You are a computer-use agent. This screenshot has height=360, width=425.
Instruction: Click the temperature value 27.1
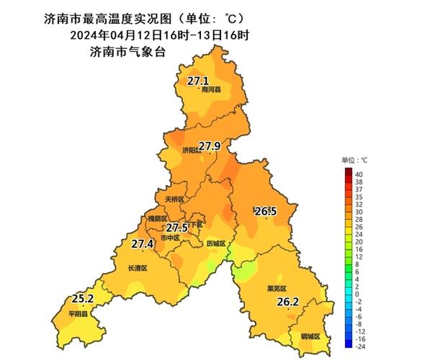pyautogui.click(x=197, y=81)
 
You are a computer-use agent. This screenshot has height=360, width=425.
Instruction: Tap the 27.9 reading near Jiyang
pyautogui.click(x=210, y=146)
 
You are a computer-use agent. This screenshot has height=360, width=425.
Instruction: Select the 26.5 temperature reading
pyautogui.click(x=265, y=211)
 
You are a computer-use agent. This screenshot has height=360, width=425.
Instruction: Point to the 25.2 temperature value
pyautogui.click(x=83, y=298)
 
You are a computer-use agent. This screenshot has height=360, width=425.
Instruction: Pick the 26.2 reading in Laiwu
pyautogui.click(x=287, y=302)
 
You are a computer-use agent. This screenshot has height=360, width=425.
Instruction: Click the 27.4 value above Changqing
pyautogui.click(x=142, y=244)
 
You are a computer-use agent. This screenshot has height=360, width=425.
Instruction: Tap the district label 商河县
pyautogui.click(x=211, y=91)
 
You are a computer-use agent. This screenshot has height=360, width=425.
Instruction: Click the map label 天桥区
pyautogui.click(x=174, y=199)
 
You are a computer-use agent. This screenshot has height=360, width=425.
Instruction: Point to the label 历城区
pyautogui.click(x=215, y=243)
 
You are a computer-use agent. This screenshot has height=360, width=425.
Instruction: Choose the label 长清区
pyautogui.click(x=137, y=268)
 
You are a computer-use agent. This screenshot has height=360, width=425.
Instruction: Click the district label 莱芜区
pyautogui.click(x=277, y=288)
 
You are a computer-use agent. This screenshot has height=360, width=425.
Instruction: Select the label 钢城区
pyautogui.click(x=310, y=337)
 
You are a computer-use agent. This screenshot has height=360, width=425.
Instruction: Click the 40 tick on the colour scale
pyautogui.click(x=357, y=174)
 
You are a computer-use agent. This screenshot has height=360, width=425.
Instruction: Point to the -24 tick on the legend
pyautogui.click(x=359, y=346)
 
